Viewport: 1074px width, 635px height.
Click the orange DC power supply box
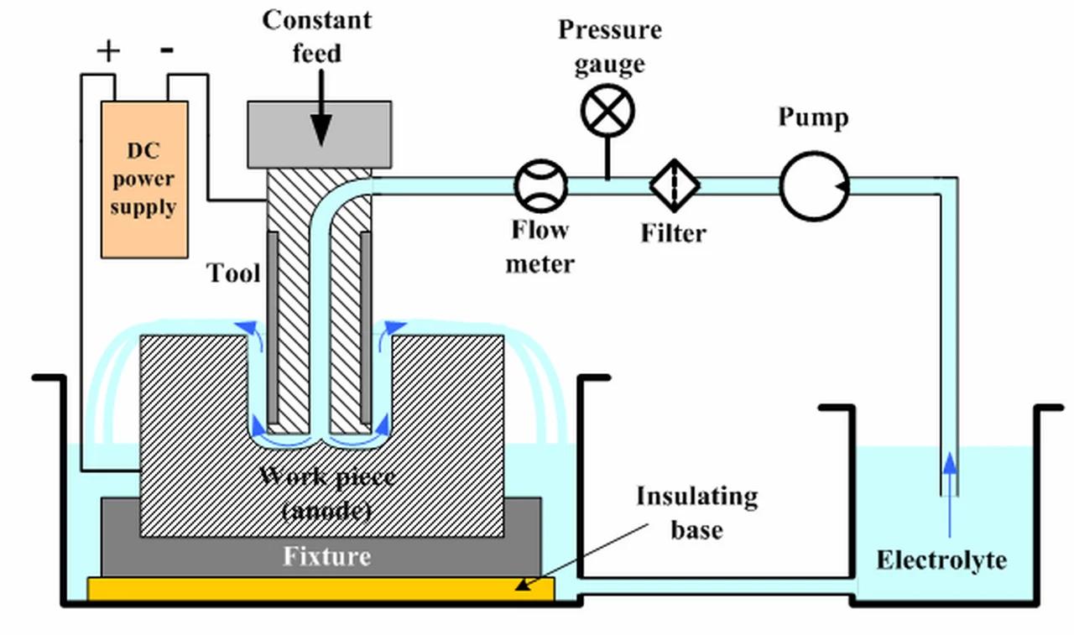point(144,179)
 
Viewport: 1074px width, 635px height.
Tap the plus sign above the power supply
point(108,51)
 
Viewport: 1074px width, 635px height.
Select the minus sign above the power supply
point(168,50)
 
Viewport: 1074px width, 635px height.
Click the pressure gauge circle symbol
point(607,112)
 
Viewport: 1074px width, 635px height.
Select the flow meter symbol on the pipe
point(541,185)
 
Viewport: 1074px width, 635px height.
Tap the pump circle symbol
point(814,185)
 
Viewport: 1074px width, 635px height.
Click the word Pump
point(813,117)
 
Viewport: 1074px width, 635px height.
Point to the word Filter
point(674,232)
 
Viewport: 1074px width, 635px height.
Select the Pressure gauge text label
point(610,46)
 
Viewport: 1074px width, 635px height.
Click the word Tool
point(234,273)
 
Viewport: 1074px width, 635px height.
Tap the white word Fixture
point(326,556)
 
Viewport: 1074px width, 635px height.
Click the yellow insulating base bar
point(321,589)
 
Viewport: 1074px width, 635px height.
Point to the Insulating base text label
point(696,513)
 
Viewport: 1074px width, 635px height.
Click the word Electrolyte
point(941,560)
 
